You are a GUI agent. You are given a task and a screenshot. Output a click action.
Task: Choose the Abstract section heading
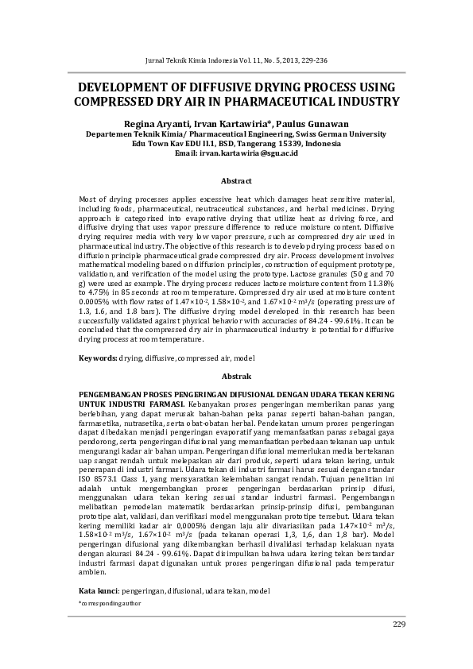point(236,181)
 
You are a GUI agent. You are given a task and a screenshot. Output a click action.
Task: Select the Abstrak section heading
point(236,375)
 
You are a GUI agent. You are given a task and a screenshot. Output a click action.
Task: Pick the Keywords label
point(98,358)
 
